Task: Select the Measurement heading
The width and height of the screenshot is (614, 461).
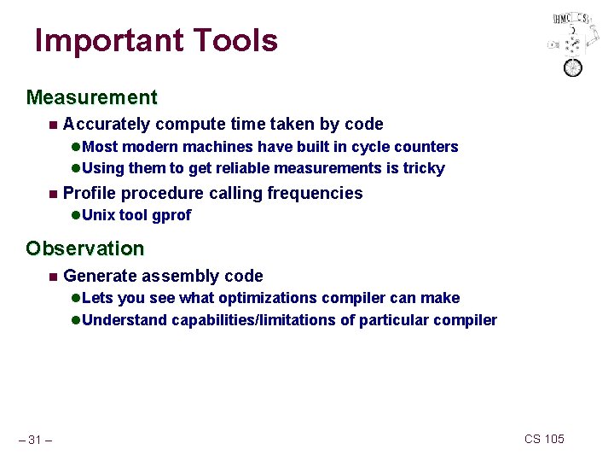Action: click(x=91, y=98)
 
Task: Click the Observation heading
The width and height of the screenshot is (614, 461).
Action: click(x=85, y=249)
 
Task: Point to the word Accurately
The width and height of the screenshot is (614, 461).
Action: click(x=107, y=125)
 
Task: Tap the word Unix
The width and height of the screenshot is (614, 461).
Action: click(x=99, y=215)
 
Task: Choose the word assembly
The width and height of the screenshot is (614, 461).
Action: click(x=180, y=276)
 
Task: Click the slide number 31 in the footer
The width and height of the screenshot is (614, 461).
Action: click(x=35, y=440)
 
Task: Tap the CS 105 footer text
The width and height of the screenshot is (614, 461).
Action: click(x=544, y=439)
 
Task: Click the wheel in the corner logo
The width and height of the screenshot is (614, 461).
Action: click(x=572, y=67)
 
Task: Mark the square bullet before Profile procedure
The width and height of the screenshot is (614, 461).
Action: click(x=53, y=194)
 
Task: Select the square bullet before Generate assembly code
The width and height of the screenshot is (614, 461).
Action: click(x=53, y=276)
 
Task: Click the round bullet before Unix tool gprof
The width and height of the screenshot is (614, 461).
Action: click(x=75, y=215)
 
